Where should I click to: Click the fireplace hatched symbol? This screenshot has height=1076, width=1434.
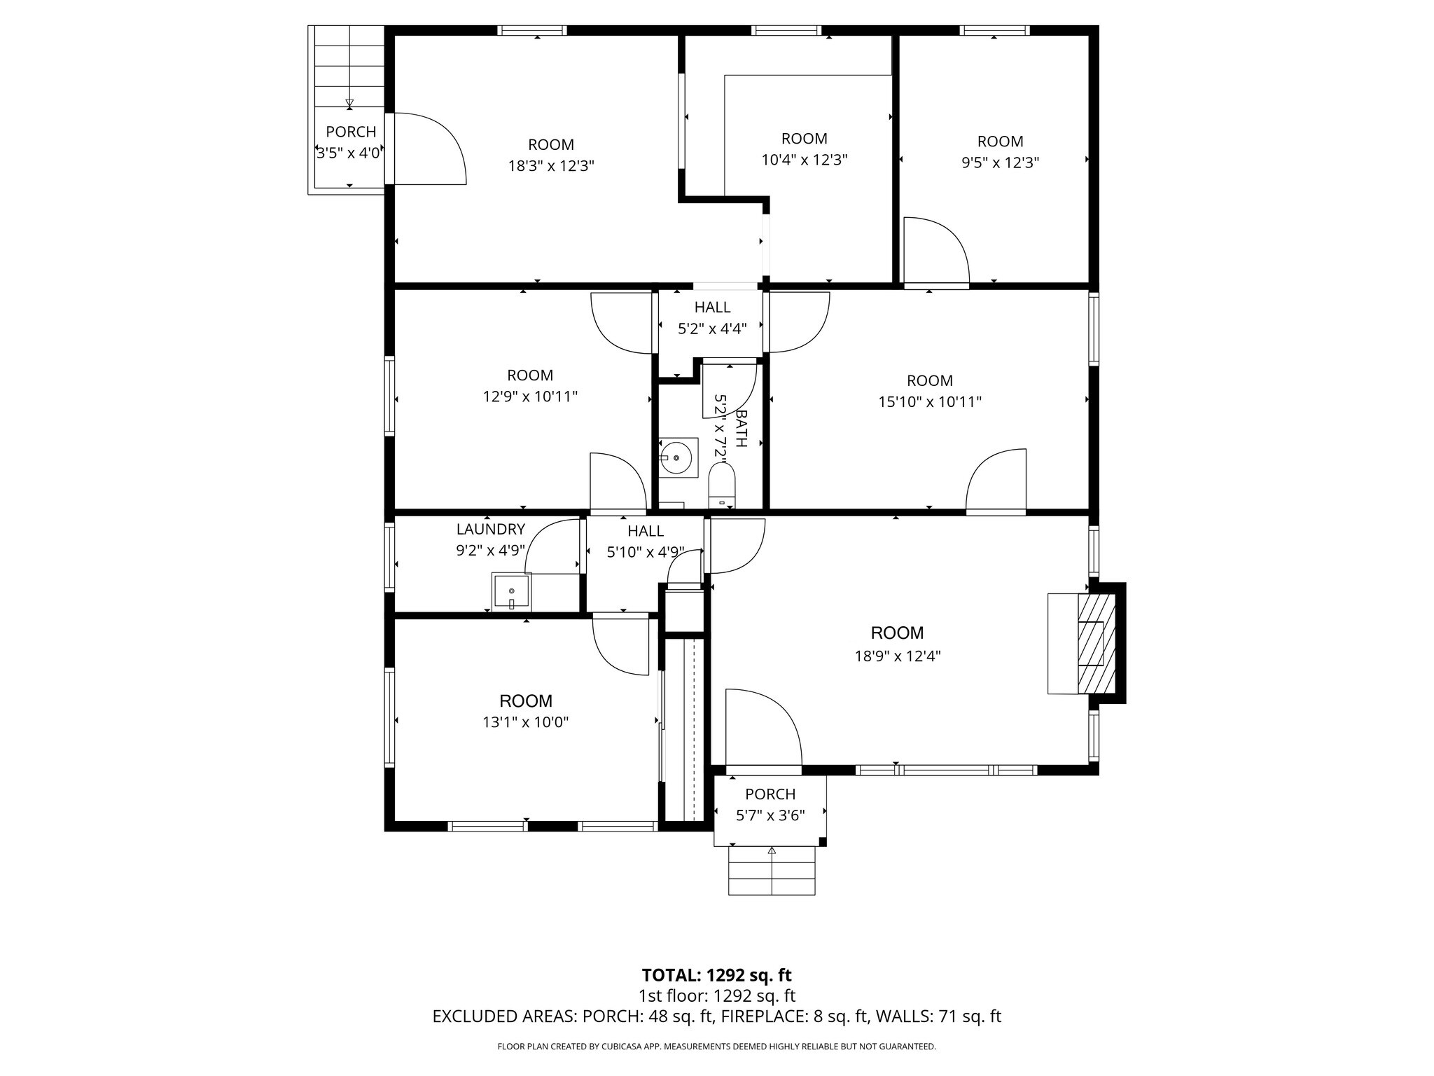1096,643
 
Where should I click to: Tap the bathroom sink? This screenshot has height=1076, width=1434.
677,457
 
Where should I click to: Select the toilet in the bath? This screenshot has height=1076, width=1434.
722,485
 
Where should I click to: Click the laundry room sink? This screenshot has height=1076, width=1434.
512,591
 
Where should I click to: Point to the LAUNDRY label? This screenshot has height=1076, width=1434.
490,530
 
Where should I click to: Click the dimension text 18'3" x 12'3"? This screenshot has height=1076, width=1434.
551,167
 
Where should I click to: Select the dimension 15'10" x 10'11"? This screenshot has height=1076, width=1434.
929,402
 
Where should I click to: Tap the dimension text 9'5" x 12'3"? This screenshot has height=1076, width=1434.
999,163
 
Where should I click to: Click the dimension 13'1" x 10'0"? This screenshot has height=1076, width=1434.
525,722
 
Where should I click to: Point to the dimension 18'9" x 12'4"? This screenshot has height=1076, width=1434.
897,656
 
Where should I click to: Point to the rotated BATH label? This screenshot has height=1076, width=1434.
741,429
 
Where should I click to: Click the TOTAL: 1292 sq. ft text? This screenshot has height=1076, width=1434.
716,975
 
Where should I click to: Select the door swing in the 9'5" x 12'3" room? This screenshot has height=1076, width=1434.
936,249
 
